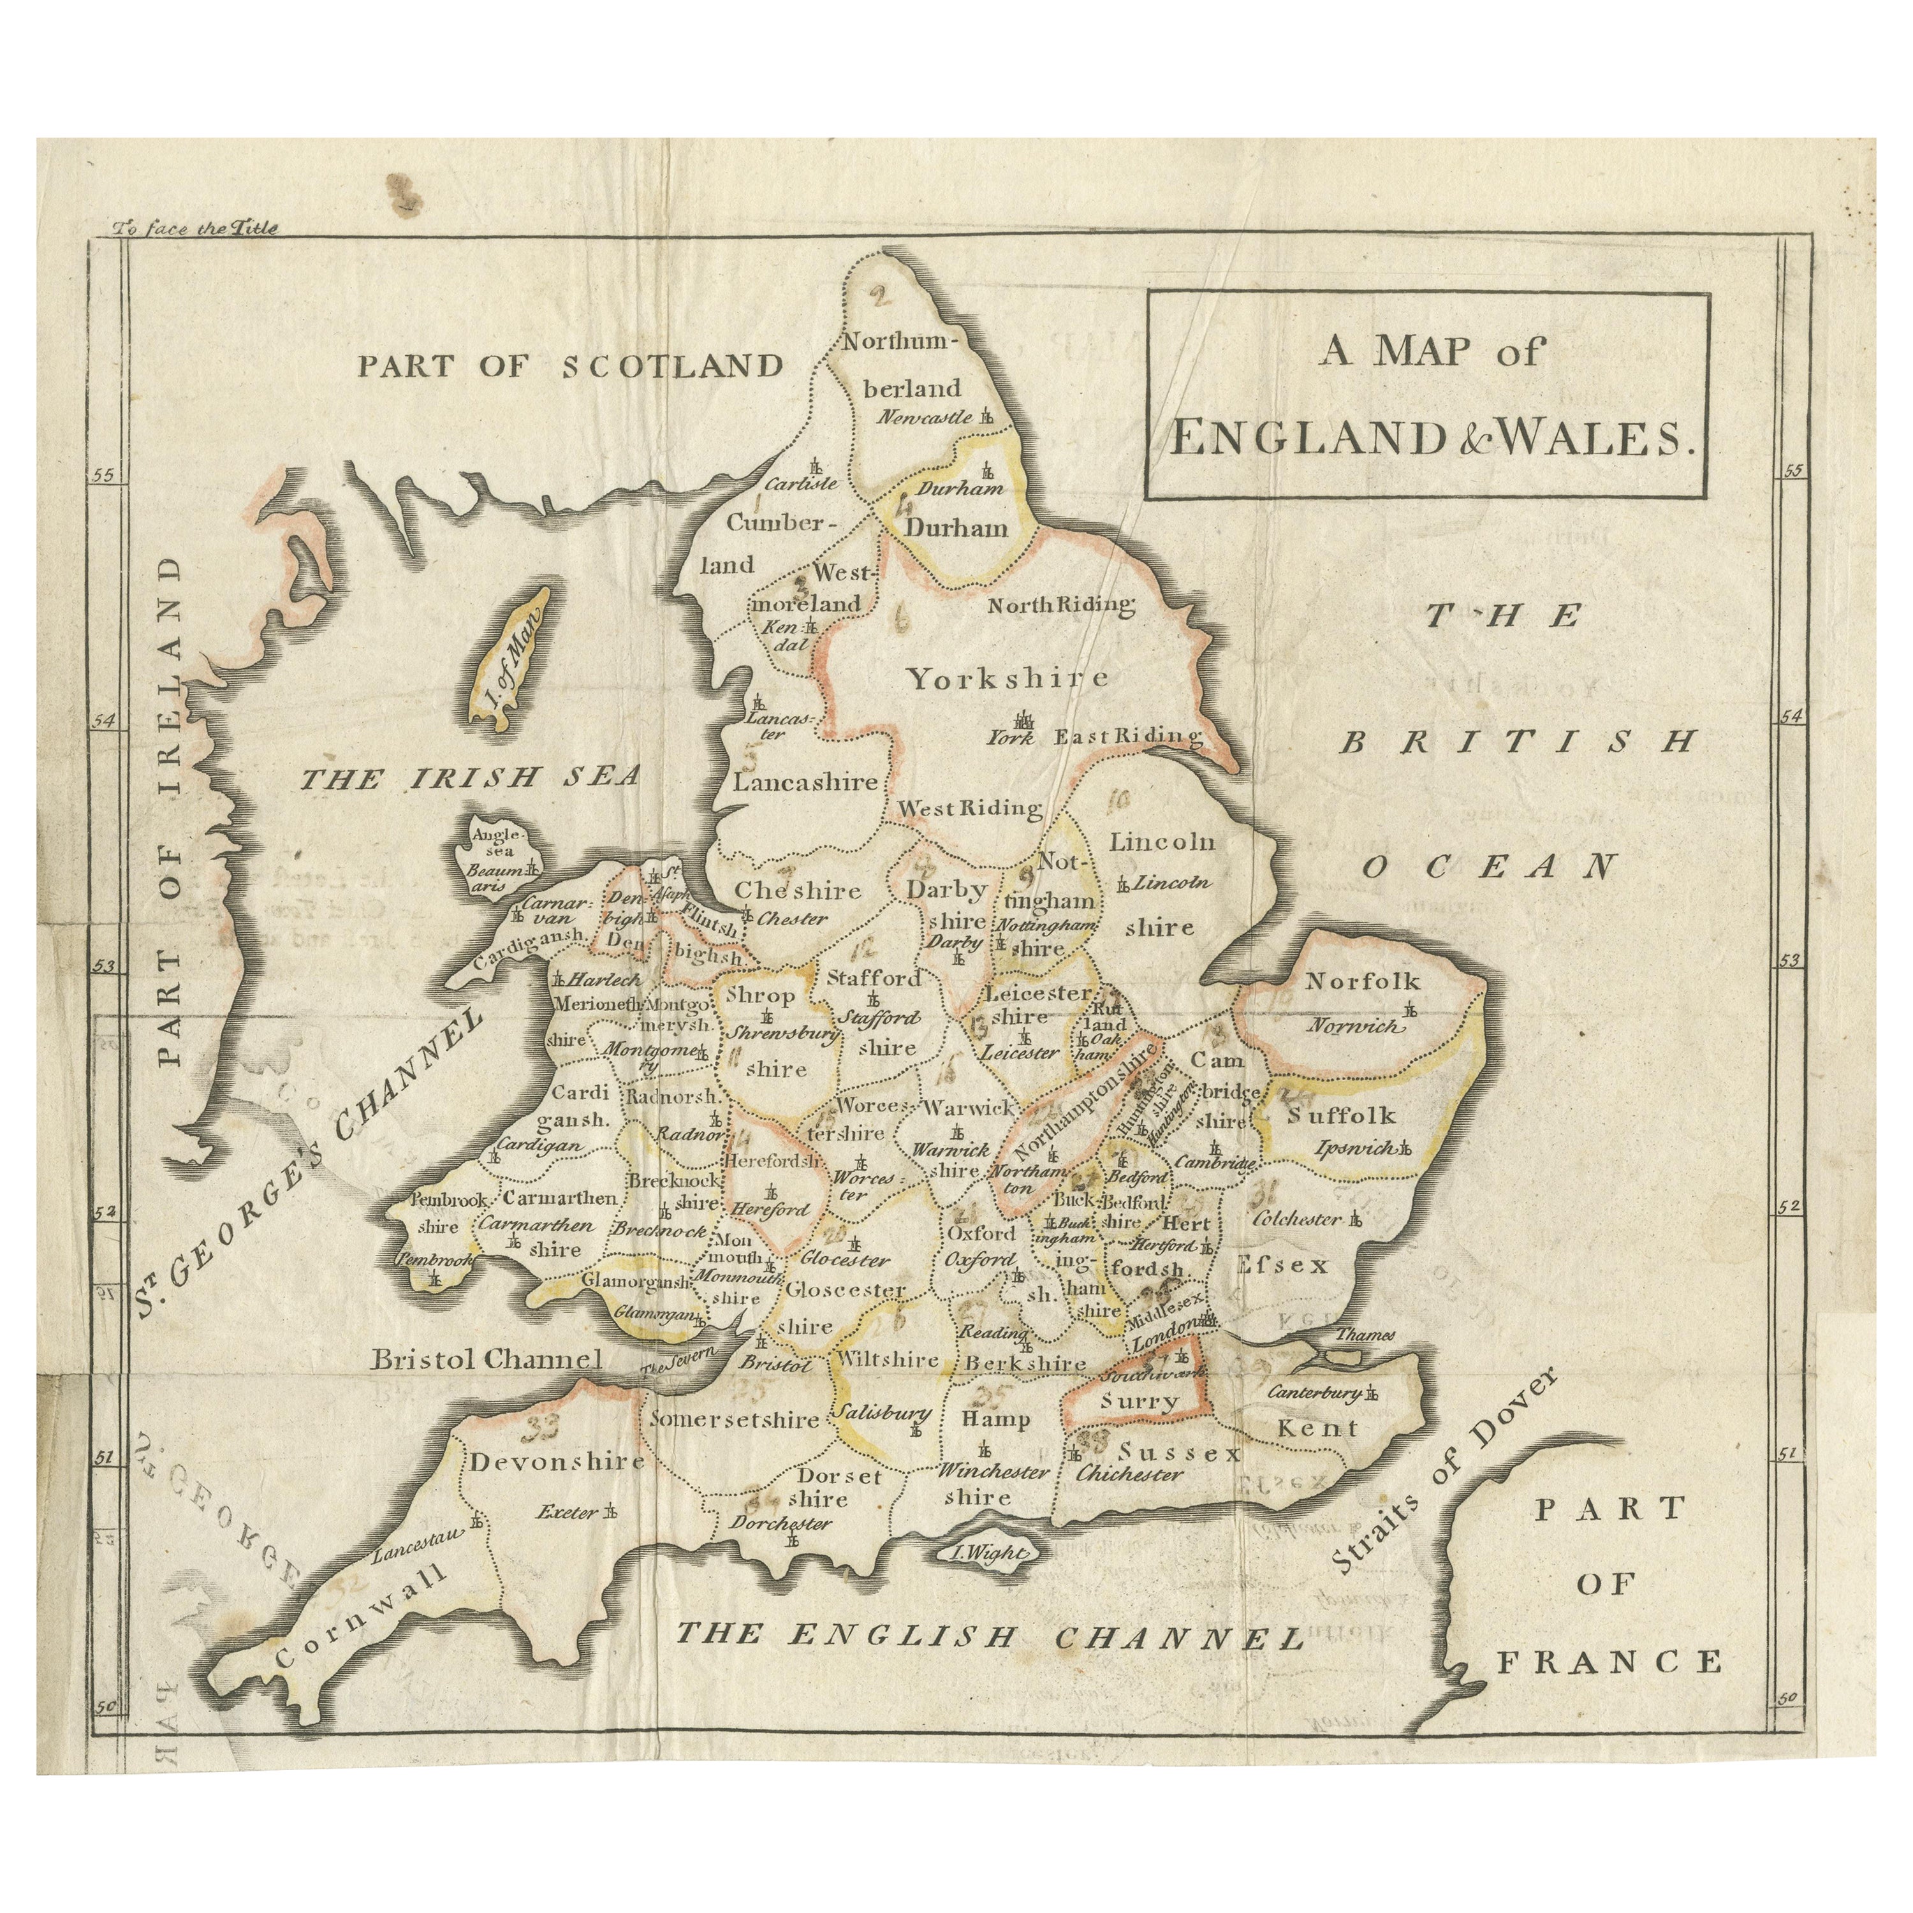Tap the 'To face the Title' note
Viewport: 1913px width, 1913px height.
click(195, 228)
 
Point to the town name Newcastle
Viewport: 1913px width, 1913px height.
click(925, 417)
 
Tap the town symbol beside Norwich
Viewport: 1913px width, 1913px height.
click(1411, 1011)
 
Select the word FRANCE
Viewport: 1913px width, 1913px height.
click(1609, 1662)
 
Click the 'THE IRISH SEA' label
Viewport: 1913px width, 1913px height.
click(471, 777)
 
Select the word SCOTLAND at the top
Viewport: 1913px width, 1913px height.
click(672, 367)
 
